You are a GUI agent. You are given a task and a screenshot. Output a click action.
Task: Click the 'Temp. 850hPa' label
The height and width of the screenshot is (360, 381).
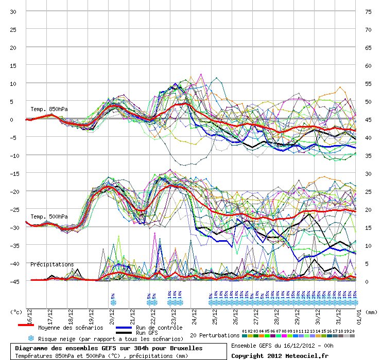(49, 109)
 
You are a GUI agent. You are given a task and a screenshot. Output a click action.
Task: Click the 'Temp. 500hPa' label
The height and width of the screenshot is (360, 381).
(49, 217)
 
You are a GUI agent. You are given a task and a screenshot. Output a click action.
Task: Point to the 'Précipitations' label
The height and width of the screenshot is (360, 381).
(52, 264)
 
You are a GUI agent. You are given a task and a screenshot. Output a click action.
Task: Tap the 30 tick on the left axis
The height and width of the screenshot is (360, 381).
(14, 11)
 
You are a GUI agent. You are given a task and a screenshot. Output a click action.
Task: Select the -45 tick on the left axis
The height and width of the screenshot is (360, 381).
(13, 281)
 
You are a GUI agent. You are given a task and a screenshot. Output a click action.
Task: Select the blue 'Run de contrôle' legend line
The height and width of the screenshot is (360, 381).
(124, 327)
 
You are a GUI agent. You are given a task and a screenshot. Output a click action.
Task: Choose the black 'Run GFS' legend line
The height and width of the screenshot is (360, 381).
(124, 333)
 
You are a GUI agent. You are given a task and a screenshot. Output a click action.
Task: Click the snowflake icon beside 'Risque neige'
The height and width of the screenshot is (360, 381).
(31, 338)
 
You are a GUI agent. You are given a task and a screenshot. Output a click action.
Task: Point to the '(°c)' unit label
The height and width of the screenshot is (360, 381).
(16, 312)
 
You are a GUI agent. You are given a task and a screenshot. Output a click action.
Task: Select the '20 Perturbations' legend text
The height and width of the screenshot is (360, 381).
(215, 335)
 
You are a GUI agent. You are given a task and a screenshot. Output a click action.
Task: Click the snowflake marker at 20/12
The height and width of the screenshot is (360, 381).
(113, 302)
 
